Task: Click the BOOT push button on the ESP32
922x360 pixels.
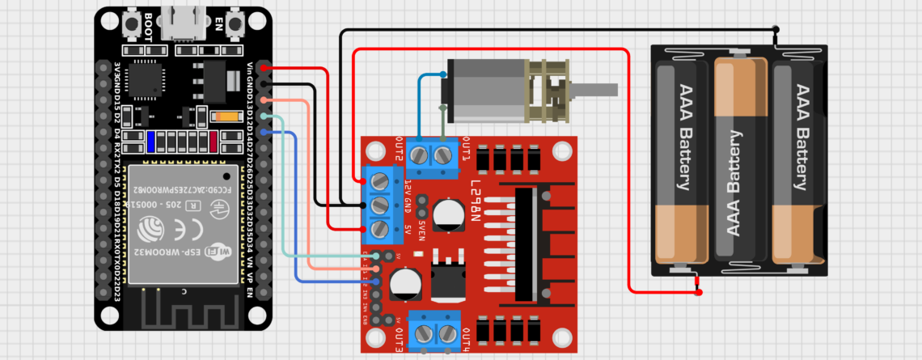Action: (129, 23)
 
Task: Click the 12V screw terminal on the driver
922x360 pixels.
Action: (379, 180)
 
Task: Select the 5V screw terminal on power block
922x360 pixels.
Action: (379, 229)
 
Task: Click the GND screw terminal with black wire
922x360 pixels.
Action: (379, 205)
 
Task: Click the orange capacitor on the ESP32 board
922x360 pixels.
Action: (229, 116)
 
